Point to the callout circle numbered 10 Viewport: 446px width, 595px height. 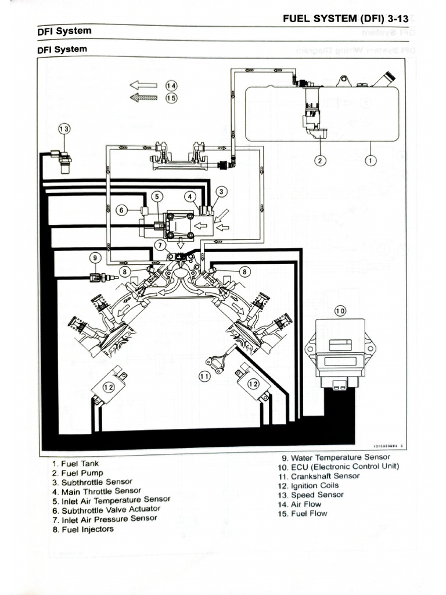click(340, 311)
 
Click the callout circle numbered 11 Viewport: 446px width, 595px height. click(204, 377)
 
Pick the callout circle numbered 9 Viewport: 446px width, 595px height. click(95, 257)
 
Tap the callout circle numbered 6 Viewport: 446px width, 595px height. click(121, 210)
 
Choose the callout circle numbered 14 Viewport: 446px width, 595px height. click(171, 85)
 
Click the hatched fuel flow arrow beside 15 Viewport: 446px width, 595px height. click(143, 98)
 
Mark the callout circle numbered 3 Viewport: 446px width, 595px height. click(221, 191)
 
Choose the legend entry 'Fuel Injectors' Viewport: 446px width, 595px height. click(88, 529)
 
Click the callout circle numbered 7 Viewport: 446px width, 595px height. click(161, 245)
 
